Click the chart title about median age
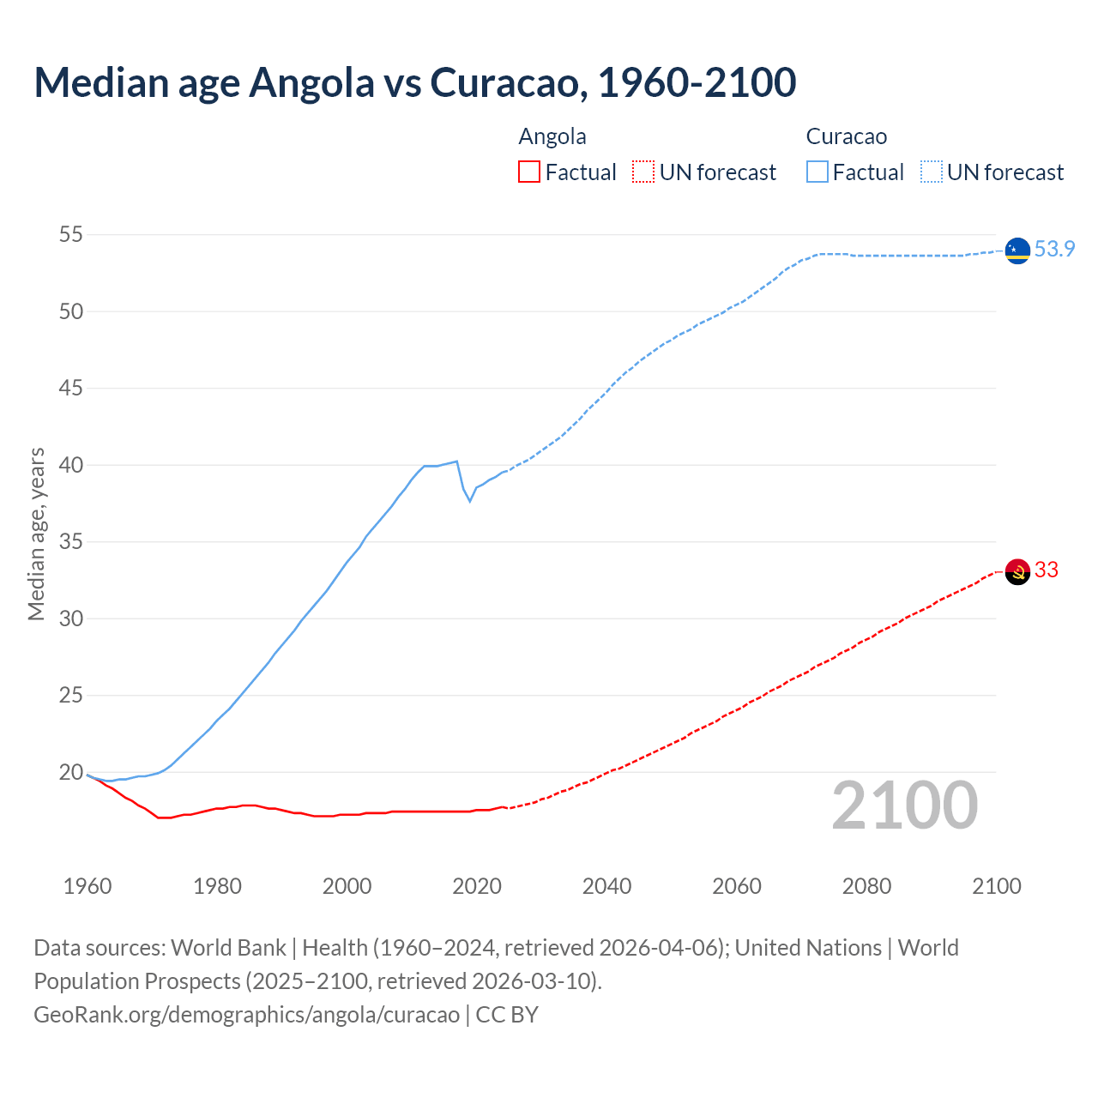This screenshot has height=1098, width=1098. (415, 82)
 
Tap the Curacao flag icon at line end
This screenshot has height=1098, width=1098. (1017, 250)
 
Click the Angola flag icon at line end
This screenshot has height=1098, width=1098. (1017, 571)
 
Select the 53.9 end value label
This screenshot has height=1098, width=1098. (1054, 250)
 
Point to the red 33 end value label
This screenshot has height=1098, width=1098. (1046, 570)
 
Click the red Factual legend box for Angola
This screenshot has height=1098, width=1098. (529, 172)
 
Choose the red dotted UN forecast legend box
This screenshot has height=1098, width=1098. (643, 172)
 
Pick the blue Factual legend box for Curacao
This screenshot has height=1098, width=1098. (817, 172)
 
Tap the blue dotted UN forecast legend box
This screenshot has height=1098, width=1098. (931, 172)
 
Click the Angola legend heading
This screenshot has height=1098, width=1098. (552, 137)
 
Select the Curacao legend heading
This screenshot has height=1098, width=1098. (846, 137)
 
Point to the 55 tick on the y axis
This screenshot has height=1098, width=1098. (71, 235)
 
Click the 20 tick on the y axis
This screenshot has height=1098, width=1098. (71, 773)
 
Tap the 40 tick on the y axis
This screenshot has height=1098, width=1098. (71, 466)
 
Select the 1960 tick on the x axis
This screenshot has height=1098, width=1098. (87, 886)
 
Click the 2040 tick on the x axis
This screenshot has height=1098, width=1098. (606, 886)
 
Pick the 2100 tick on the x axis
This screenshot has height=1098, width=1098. (996, 886)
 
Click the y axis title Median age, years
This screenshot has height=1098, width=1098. (36, 534)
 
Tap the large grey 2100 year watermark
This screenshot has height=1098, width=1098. (904, 805)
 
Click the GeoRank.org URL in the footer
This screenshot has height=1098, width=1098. (247, 1015)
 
